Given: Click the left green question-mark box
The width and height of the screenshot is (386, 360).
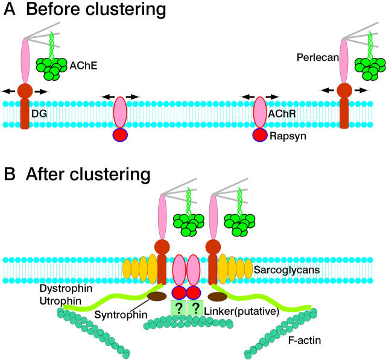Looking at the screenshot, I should pyautogui.click(x=178, y=309).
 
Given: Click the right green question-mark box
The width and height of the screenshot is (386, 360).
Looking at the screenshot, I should pyautogui.click(x=197, y=309).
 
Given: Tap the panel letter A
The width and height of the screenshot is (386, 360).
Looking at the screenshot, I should pyautogui.click(x=11, y=11).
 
